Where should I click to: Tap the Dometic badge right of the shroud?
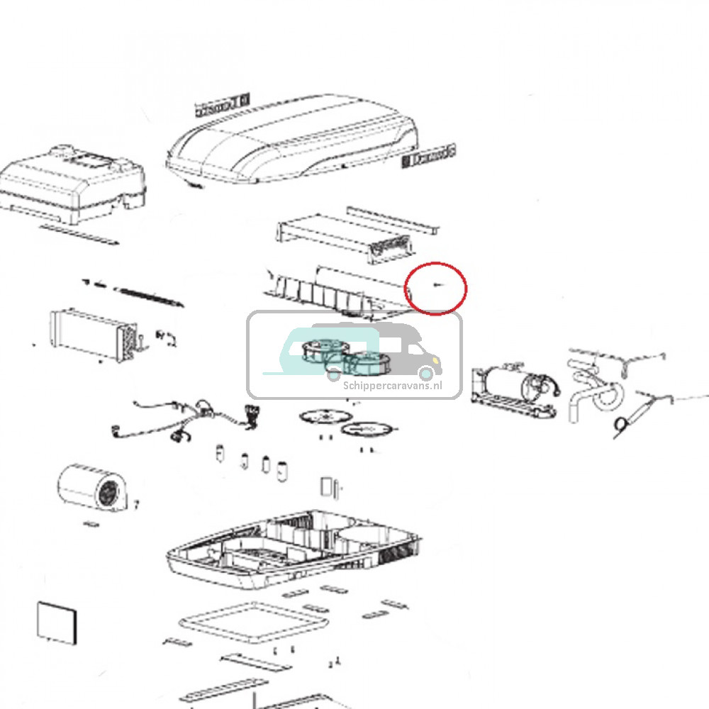(429, 157)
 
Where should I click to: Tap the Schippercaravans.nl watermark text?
(392, 385)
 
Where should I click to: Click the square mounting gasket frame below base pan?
(255, 623)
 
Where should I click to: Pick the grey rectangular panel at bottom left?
(55, 623)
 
